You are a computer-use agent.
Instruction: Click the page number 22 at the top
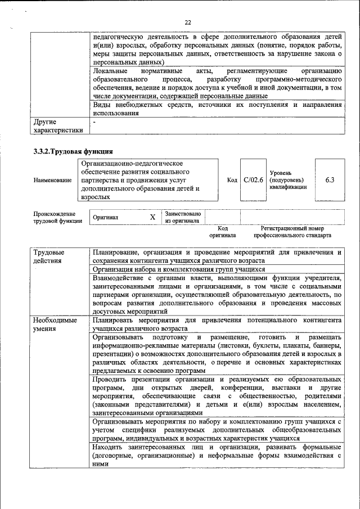coord(188,22)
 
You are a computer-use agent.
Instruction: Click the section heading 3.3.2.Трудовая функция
coord(73,151)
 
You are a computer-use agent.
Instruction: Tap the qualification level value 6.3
coord(330,179)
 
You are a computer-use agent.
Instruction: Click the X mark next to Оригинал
coord(152,217)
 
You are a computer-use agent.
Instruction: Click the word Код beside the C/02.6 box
coord(232,179)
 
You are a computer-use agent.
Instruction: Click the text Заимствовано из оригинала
coord(182,217)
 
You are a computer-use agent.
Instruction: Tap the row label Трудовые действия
coord(48,256)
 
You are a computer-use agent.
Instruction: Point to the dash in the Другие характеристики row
coord(94,121)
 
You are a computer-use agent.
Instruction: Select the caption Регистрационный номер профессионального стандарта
coord(292,232)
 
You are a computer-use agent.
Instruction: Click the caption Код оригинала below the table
coord(222,232)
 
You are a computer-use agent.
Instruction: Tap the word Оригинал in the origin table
coord(106,217)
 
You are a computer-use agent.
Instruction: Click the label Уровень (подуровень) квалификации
coord(289,179)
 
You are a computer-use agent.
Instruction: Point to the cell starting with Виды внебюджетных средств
coord(217,109)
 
